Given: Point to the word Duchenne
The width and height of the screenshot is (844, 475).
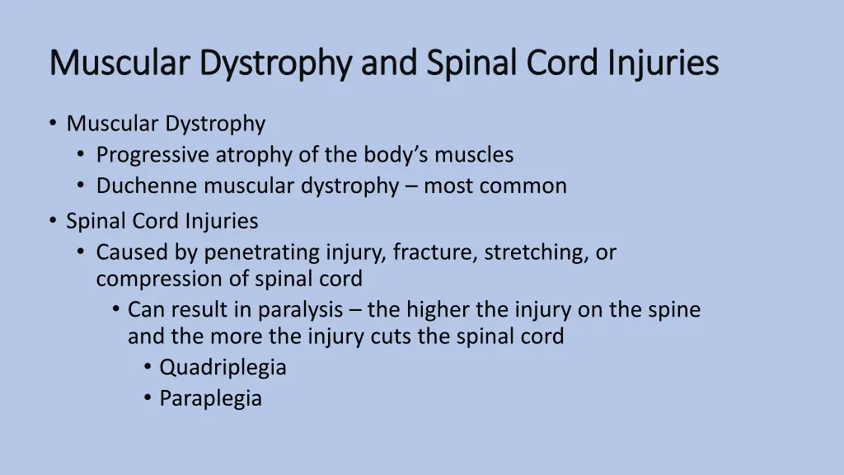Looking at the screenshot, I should click(x=148, y=186).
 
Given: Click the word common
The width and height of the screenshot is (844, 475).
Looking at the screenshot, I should click(x=525, y=186).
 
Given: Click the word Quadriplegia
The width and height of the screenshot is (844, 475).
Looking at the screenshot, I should click(x=223, y=368).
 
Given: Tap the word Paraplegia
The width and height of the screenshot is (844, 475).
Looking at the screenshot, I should click(x=210, y=399).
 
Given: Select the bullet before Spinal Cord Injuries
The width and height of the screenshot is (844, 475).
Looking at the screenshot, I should click(x=53, y=221).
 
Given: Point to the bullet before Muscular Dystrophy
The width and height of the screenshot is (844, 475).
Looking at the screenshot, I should click(x=53, y=124).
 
